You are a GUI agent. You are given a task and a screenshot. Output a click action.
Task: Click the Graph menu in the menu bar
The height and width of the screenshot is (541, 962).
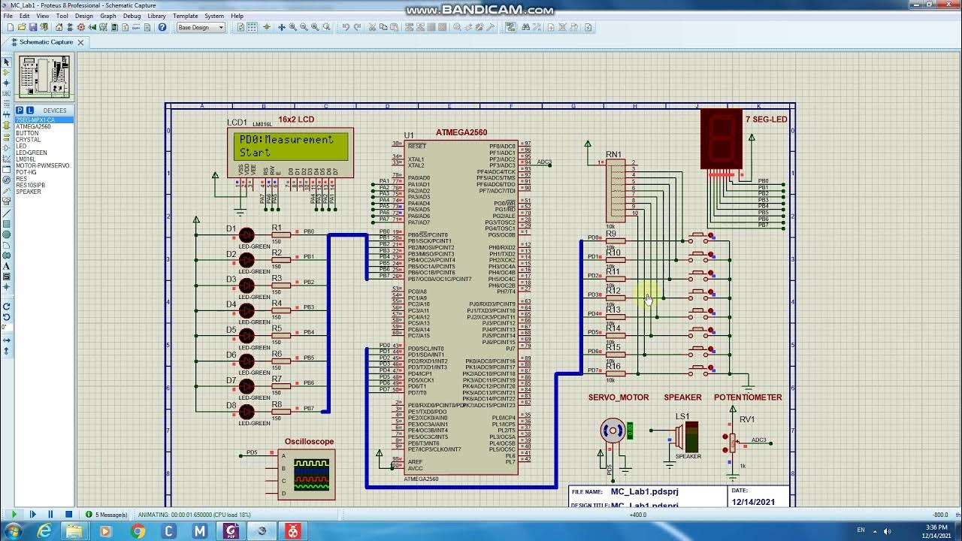coord(108,16)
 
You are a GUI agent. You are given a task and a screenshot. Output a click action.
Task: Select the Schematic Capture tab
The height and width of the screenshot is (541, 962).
coord(46,42)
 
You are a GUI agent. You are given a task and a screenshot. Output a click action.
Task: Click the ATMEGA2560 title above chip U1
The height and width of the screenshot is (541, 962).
coord(461,133)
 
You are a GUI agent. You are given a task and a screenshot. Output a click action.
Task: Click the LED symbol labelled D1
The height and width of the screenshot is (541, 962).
coord(247,235)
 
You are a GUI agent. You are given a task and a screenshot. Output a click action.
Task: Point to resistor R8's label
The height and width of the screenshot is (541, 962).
coord(277,404)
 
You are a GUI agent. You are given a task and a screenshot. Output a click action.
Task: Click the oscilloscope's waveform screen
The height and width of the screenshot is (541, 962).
coord(311,475)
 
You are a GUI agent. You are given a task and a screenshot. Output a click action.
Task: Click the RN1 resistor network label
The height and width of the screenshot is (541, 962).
coord(613,155)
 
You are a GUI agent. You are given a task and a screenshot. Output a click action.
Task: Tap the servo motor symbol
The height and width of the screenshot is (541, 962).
coord(613,431)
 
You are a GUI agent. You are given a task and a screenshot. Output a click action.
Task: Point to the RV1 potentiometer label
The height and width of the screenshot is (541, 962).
coord(746,419)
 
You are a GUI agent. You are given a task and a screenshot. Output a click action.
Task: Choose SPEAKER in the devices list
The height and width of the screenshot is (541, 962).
coord(29,192)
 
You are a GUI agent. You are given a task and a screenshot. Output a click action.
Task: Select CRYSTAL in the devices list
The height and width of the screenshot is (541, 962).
coord(29,140)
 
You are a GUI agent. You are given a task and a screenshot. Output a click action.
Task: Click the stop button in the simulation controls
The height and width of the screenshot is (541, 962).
coord(68,515)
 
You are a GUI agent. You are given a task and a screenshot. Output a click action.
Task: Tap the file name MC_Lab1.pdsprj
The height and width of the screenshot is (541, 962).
coord(644,491)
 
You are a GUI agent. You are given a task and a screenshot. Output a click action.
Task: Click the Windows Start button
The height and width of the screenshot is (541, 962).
coord(13,531)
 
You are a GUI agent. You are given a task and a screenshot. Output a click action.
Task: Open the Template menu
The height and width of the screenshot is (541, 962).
coord(185,16)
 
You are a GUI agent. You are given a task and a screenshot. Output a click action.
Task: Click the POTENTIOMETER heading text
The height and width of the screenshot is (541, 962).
coord(748,397)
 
